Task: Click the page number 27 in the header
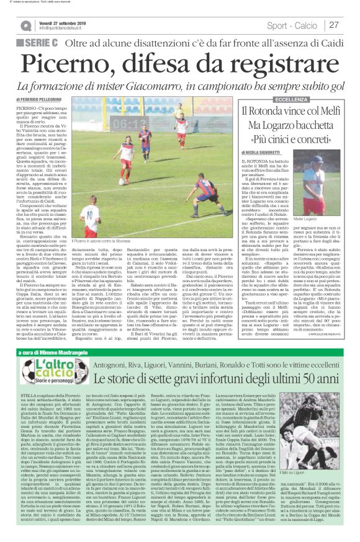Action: point(334,25)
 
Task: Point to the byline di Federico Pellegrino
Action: point(40,99)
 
